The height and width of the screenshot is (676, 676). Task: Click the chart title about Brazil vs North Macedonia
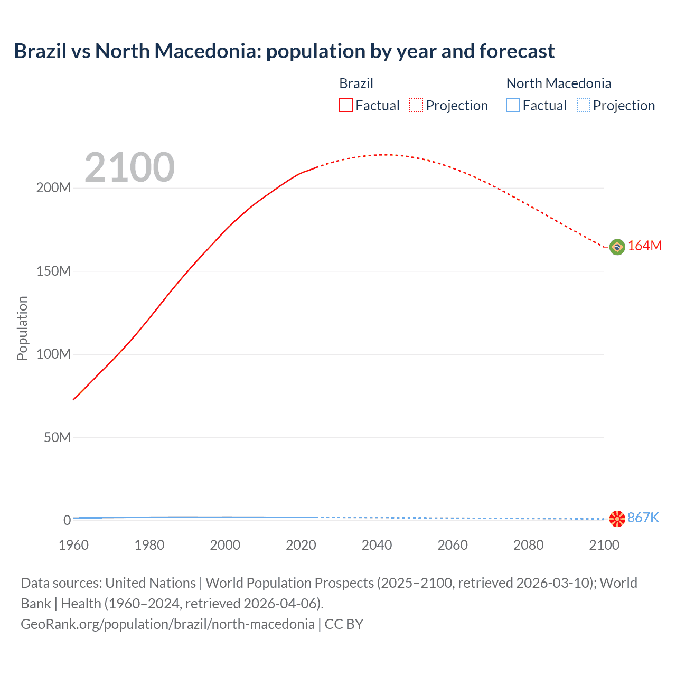tap(284, 51)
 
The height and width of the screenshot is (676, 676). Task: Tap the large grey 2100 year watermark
tap(129, 167)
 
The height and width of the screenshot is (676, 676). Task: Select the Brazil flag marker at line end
tap(617, 247)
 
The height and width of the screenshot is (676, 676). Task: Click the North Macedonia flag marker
tap(617, 519)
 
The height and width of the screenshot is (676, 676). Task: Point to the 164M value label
tap(644, 246)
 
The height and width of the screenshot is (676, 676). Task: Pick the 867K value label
tap(643, 518)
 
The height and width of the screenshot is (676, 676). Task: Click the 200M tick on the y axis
tap(53, 188)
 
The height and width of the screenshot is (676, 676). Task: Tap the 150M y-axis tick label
tap(53, 271)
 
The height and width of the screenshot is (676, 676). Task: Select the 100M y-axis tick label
tap(53, 354)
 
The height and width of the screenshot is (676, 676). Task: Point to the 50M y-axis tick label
tap(57, 437)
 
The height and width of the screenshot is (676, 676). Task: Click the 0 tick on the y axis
tap(67, 520)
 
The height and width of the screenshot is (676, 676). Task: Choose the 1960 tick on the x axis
tap(73, 545)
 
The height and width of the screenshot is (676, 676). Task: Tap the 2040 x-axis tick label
tap(377, 545)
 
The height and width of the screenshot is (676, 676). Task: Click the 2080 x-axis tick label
tap(528, 545)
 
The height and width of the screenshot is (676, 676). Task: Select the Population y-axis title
tap(22, 328)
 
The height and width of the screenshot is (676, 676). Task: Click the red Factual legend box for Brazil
tap(346, 106)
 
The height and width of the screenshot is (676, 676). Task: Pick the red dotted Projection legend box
tap(416, 106)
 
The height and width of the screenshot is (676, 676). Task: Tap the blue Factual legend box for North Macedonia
tap(513, 106)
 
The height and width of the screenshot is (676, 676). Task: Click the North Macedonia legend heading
tap(559, 83)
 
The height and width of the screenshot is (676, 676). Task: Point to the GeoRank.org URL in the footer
tap(167, 624)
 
